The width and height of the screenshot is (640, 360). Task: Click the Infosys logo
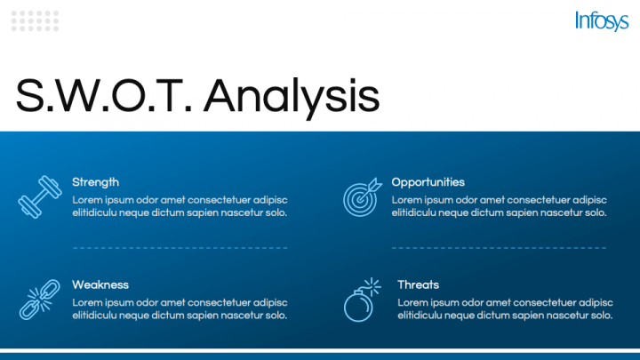602,20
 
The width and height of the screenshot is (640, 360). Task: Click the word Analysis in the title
292,97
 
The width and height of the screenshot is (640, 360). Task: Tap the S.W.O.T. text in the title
104,95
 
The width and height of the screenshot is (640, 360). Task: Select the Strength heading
95,182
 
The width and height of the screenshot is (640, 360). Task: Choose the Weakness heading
100,284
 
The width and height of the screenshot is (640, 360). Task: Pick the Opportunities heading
428,182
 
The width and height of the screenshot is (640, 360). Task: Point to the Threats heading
418,284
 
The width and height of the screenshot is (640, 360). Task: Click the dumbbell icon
40,196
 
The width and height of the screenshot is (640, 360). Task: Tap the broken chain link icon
40,300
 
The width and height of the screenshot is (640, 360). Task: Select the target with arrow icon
362,197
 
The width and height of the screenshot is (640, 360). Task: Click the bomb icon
362,300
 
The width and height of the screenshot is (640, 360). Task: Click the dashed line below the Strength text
180,248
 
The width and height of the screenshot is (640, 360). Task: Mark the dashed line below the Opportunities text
499,248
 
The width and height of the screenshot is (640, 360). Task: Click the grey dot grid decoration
35,21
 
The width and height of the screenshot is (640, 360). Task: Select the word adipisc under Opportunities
589,200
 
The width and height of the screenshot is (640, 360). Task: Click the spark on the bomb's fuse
372,286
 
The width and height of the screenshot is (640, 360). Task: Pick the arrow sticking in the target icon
371,188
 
